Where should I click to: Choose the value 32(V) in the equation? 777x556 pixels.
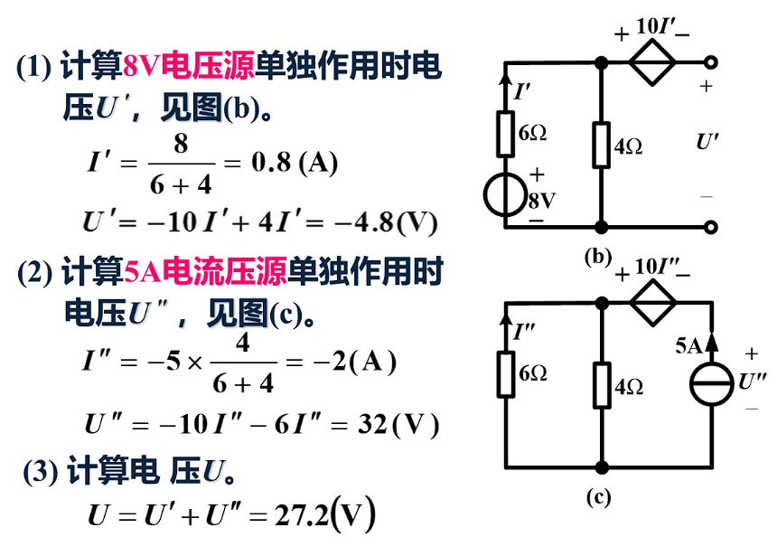point(398,423)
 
